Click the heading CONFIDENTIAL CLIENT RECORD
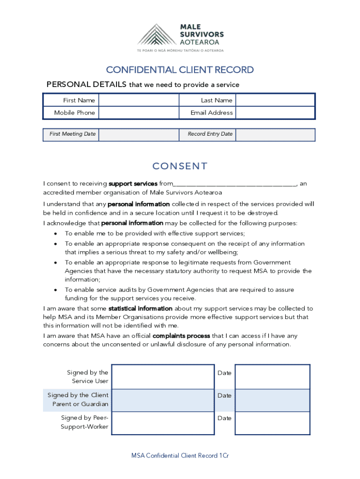click(180, 70)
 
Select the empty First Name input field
click(138, 100)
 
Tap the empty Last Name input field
click(274, 100)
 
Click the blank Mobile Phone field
click(138, 113)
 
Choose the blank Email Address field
click(274, 113)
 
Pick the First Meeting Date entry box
click(138, 134)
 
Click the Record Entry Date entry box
click(274, 134)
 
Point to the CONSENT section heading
click(180, 166)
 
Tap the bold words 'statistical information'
click(140, 309)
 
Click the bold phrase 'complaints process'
click(181, 336)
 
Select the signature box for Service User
click(163, 377)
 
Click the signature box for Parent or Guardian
click(163, 400)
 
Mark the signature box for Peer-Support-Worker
click(163, 422)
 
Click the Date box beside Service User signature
click(272, 377)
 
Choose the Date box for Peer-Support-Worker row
click(272, 422)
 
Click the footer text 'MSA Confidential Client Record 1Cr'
click(180, 456)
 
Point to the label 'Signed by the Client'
click(78, 395)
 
